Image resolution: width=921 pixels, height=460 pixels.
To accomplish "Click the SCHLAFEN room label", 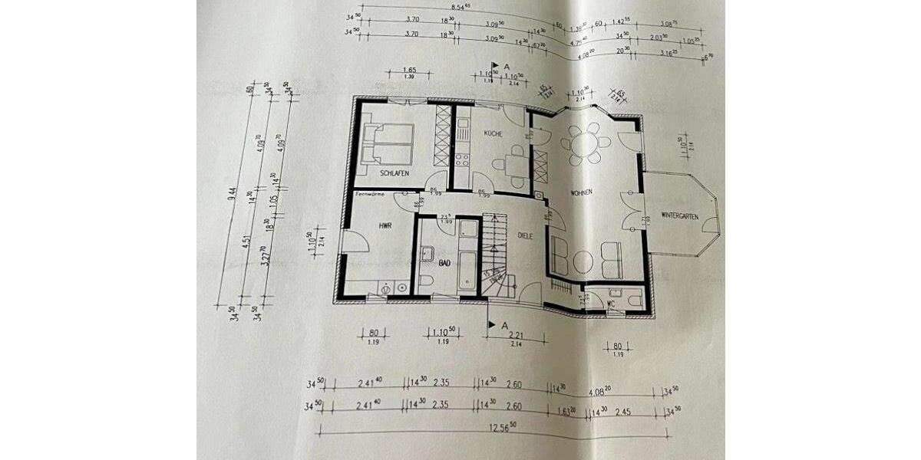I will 392,174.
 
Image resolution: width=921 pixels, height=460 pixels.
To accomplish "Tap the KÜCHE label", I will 492,134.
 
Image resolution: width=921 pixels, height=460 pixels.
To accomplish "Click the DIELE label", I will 525,235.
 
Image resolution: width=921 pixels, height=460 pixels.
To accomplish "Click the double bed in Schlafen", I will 388,143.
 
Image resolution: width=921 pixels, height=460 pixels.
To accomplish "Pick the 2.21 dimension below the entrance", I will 515,334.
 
